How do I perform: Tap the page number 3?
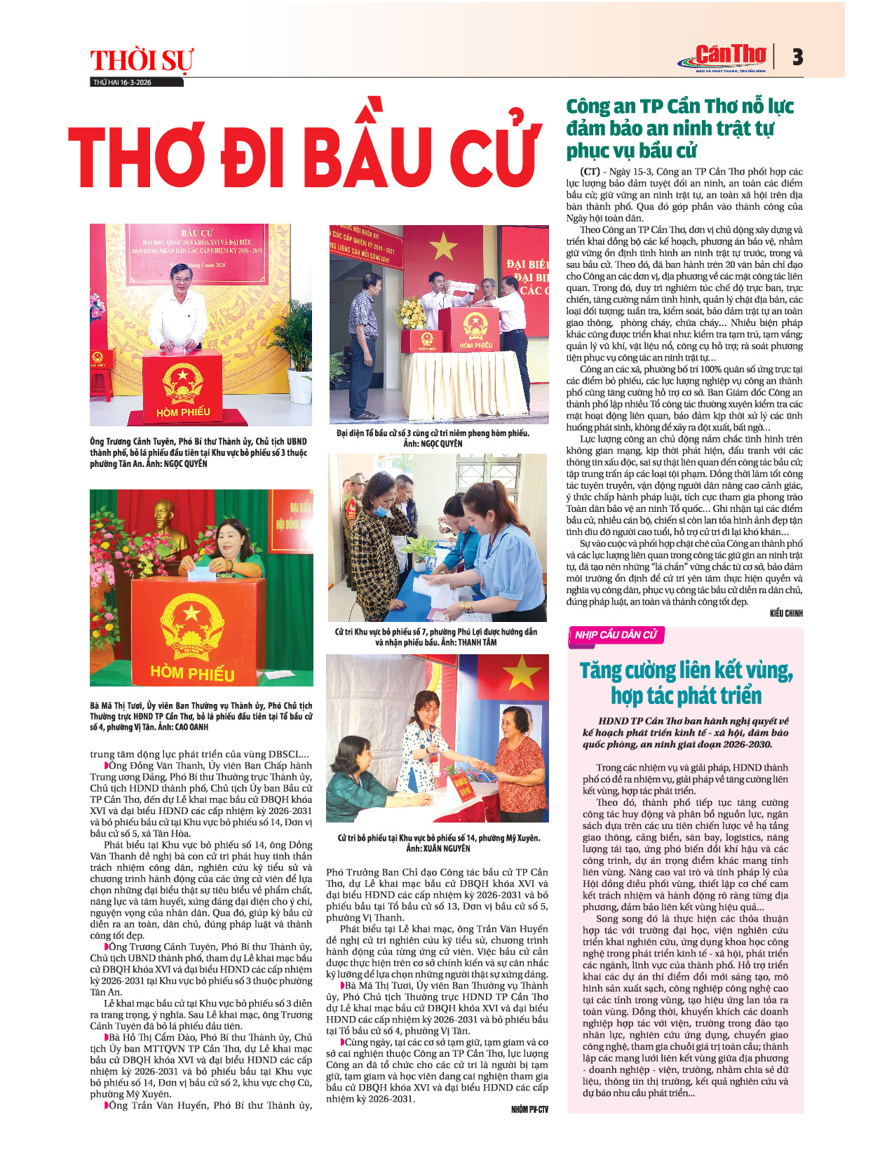click(x=797, y=57)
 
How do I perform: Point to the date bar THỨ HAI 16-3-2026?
click(x=123, y=82)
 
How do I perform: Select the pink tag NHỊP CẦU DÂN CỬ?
click(x=616, y=635)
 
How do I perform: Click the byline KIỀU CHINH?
click(x=785, y=613)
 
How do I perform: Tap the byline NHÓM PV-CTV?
click(x=529, y=1109)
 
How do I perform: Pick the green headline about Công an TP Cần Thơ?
click(x=679, y=128)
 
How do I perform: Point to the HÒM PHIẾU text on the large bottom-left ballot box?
click(x=193, y=673)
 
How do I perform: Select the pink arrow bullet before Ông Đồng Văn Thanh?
click(x=107, y=765)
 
